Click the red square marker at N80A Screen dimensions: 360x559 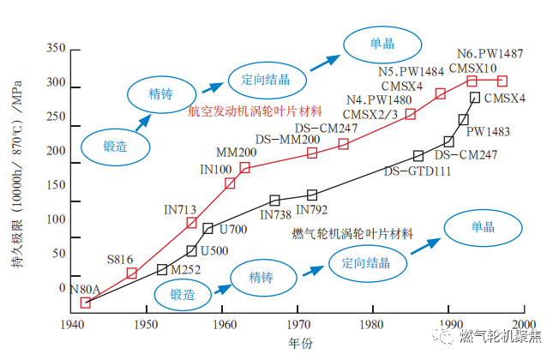85,303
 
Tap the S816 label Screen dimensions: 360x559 120,259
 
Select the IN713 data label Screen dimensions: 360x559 181,208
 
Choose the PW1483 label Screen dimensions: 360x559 488,132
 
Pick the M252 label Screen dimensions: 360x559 186,269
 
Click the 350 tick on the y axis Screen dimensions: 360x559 56,46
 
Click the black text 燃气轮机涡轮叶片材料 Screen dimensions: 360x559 352,233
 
